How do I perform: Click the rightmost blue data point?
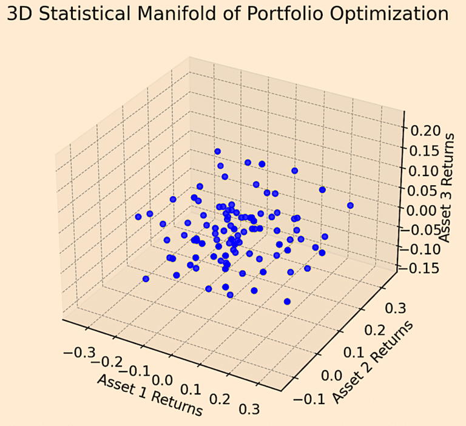[350, 206]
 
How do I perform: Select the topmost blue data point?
[217, 151]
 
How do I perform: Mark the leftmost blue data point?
[138, 217]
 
